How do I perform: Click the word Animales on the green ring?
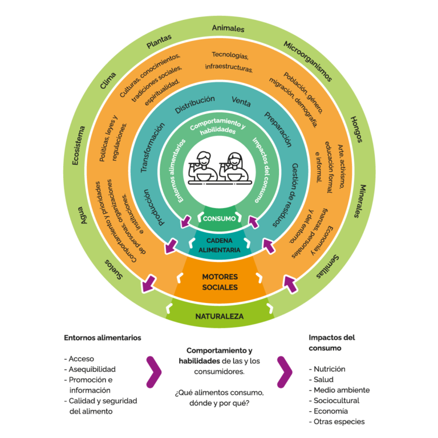pyautogui.click(x=228, y=29)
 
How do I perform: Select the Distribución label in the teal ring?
pyautogui.click(x=194, y=104)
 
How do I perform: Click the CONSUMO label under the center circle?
pyautogui.click(x=219, y=218)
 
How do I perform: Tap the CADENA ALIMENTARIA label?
pyautogui.click(x=219, y=245)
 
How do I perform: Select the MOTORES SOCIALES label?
pyautogui.click(x=220, y=282)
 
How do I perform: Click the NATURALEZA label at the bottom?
pyautogui.click(x=219, y=316)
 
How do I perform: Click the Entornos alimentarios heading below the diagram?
pyautogui.click(x=103, y=338)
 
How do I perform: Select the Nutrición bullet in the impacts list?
pyautogui.click(x=329, y=369)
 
